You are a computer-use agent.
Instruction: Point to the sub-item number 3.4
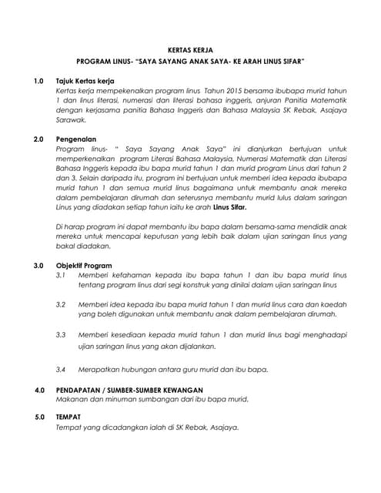[62, 370]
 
